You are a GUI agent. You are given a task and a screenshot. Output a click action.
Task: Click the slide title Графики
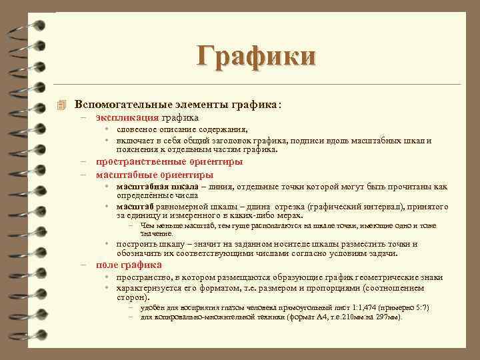(x=255, y=55)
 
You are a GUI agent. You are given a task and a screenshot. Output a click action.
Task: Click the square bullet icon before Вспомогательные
(x=63, y=105)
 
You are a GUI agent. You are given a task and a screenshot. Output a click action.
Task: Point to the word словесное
(x=137, y=130)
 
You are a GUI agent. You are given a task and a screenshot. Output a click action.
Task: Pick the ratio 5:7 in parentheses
(x=417, y=308)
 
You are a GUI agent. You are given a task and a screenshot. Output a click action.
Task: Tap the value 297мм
(x=387, y=317)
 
